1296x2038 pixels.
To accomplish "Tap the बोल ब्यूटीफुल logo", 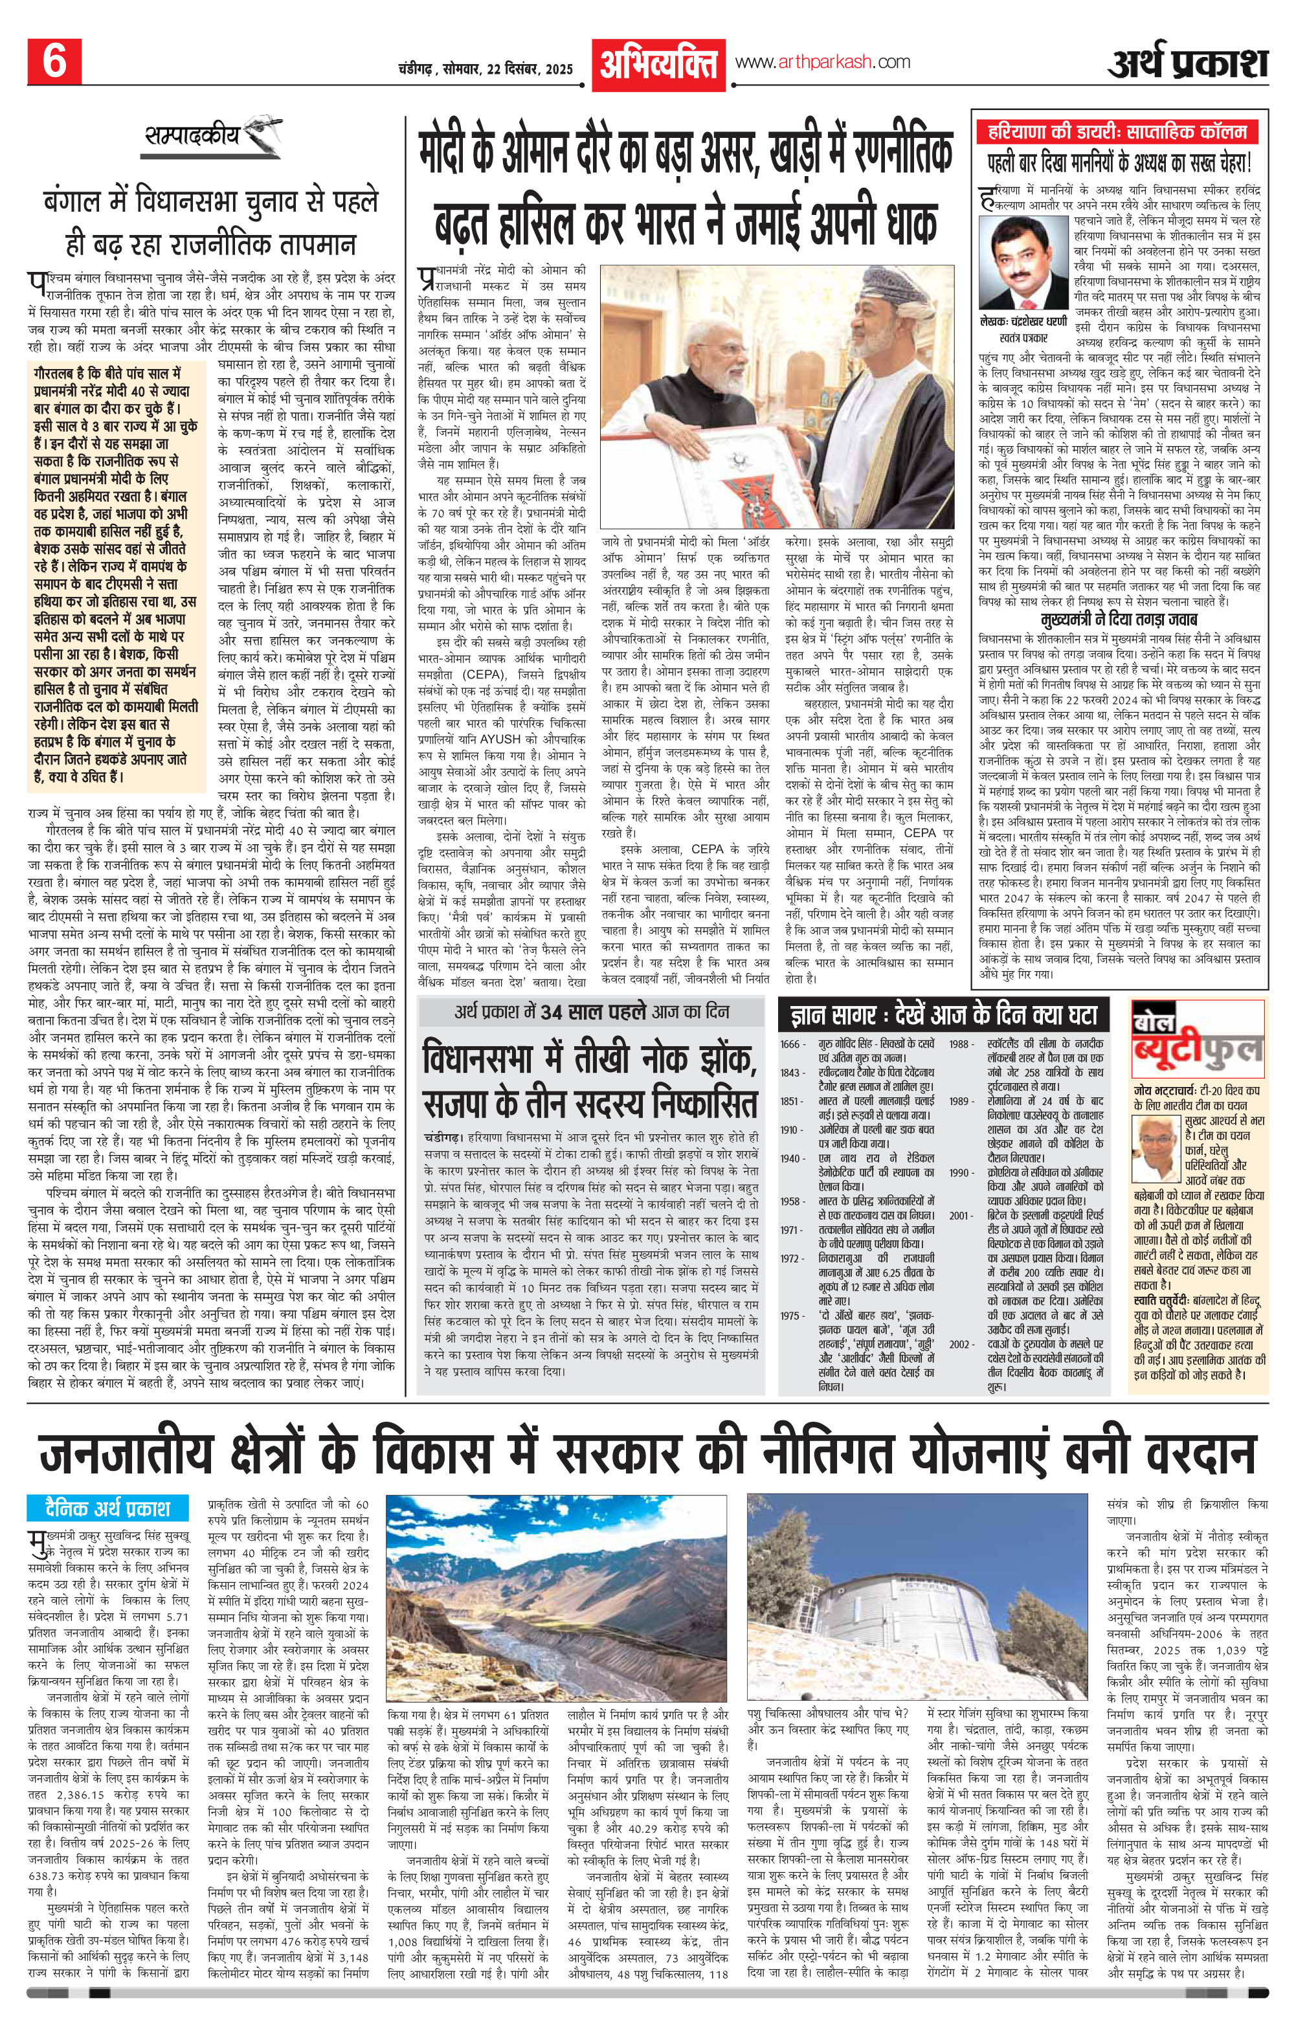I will tap(1197, 1050).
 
